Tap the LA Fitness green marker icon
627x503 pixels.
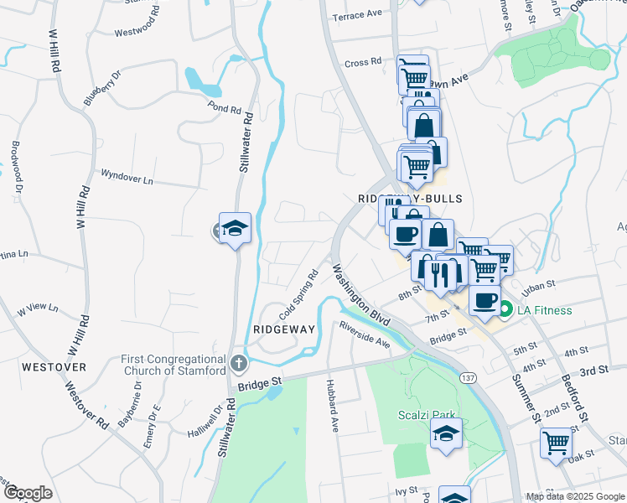(505, 311)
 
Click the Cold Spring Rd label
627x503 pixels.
(300, 293)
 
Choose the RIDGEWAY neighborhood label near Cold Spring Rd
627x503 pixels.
(283, 330)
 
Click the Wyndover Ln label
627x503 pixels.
(127, 177)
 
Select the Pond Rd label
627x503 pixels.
(224, 108)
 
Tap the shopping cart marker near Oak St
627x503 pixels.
(557, 443)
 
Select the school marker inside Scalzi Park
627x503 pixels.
(446, 434)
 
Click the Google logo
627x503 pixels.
(28, 493)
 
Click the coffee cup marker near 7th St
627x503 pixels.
(484, 301)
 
